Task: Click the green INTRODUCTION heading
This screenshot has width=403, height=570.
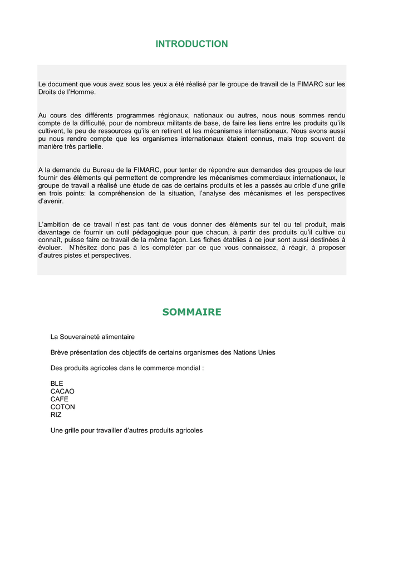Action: pos(191,44)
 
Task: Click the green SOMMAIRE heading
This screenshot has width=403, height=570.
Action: pos(191,312)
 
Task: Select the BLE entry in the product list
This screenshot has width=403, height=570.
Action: pos(57,384)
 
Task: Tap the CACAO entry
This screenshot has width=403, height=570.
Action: pos(62,391)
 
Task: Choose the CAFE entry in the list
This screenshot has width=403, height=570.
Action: pos(60,399)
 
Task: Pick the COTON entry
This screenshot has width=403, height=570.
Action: pos(62,407)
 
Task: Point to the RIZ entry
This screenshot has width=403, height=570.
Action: pos(56,415)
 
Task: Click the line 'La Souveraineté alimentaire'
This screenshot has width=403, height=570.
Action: pos(92,337)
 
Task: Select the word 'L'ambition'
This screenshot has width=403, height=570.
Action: pos(55,224)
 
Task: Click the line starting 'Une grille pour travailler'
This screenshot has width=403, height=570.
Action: pos(126,430)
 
